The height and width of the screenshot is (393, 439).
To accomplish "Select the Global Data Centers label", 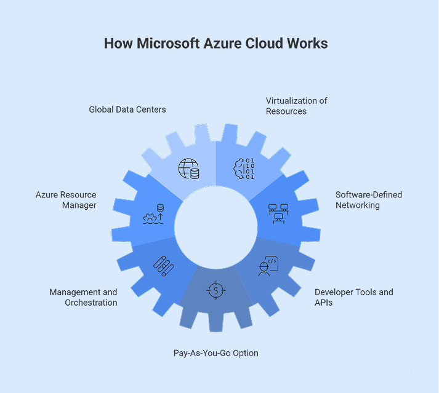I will (127, 109).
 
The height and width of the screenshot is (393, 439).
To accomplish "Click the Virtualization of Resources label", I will (297, 106).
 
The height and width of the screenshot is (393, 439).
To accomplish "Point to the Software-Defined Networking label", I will (368, 200).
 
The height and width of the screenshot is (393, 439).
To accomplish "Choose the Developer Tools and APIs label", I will (353, 297).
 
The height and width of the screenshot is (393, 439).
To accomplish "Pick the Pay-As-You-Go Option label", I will (215, 353).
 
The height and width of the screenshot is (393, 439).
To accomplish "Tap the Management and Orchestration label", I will (83, 297).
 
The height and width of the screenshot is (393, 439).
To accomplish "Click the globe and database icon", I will (188, 169).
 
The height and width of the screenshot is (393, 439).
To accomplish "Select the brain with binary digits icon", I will (241, 169).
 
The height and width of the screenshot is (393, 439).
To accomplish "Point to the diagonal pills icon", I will (163, 265).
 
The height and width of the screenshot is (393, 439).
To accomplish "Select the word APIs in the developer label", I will (324, 303).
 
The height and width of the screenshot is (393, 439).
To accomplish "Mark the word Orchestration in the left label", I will (91, 303).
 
